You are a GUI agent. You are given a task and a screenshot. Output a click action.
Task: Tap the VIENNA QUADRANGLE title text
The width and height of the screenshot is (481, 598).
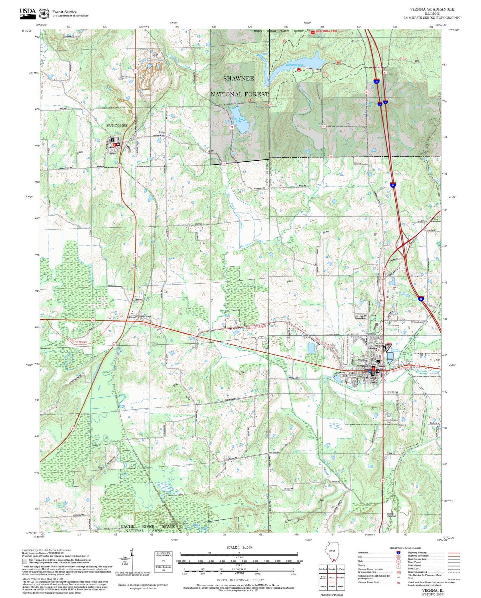pos(432,9)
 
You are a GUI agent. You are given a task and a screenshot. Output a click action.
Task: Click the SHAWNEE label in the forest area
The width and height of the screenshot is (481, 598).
pos(238,78)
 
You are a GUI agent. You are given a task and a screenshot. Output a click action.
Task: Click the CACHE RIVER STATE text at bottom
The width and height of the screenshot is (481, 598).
pos(147,526)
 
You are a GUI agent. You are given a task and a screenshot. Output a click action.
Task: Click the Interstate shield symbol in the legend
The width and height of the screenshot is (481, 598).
pos(398,553)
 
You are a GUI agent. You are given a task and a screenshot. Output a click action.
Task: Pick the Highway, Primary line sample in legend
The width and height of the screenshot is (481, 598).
pos(454,553)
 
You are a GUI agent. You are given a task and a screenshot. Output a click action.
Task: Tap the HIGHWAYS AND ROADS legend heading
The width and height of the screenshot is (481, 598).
pos(405,548)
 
